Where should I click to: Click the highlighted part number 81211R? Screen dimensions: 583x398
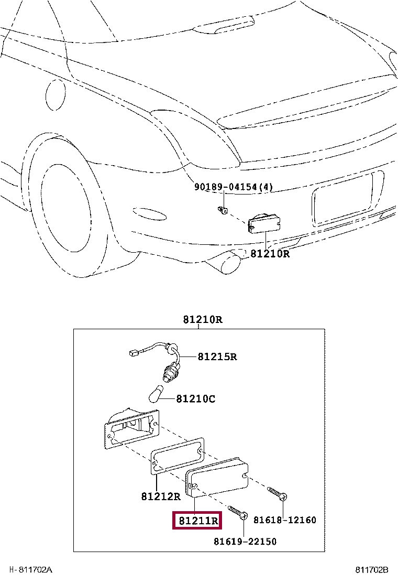(x=198, y=521)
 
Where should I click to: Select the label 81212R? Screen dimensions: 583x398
(x=160, y=496)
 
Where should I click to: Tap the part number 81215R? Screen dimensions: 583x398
(x=217, y=357)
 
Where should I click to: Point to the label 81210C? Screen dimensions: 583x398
(x=195, y=399)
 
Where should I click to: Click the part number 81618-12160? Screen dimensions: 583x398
(x=285, y=520)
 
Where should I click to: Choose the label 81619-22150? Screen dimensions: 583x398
(x=245, y=541)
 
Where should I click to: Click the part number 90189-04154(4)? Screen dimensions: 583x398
(x=234, y=187)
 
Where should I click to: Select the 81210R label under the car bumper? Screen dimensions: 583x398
(x=270, y=254)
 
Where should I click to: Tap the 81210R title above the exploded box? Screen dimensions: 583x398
(x=203, y=320)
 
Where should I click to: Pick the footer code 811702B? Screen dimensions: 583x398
(x=372, y=570)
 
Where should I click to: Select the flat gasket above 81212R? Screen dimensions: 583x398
(x=178, y=455)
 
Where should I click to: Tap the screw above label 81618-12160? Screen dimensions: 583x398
(x=278, y=493)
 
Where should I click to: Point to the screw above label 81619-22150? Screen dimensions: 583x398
(x=238, y=512)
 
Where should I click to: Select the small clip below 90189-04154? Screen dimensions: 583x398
(x=222, y=211)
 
